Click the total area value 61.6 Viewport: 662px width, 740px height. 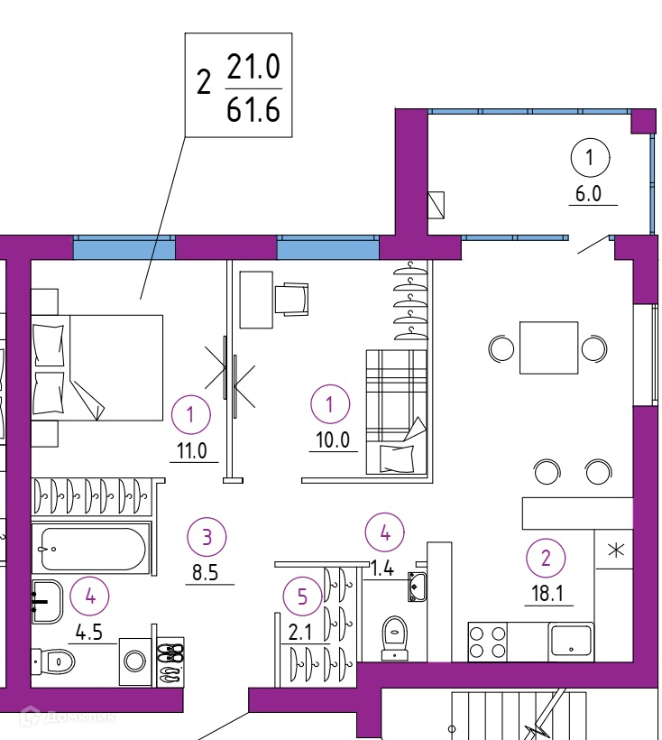click(x=253, y=110)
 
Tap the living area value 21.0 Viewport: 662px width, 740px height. click(x=253, y=67)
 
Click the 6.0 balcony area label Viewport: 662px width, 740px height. click(x=592, y=192)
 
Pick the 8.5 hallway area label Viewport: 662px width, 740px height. click(x=208, y=571)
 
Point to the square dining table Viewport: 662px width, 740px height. click(x=548, y=347)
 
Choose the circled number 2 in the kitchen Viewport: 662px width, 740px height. click(x=546, y=557)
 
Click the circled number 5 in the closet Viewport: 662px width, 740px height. click(x=300, y=596)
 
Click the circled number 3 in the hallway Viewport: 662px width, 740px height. click(x=207, y=538)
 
